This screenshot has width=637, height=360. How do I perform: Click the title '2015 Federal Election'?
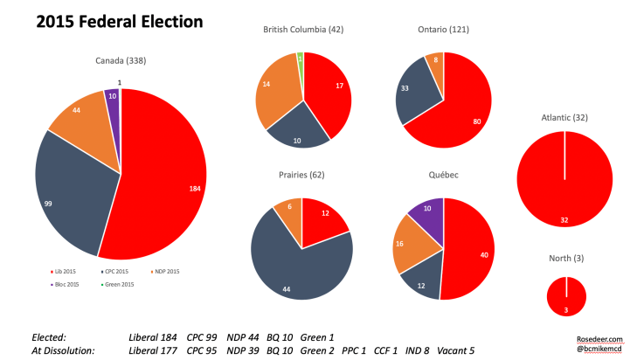(119, 20)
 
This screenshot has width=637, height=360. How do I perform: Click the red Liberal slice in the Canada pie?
(166, 175)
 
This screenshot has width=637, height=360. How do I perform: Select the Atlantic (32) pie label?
(564, 118)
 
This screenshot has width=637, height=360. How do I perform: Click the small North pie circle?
(566, 296)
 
